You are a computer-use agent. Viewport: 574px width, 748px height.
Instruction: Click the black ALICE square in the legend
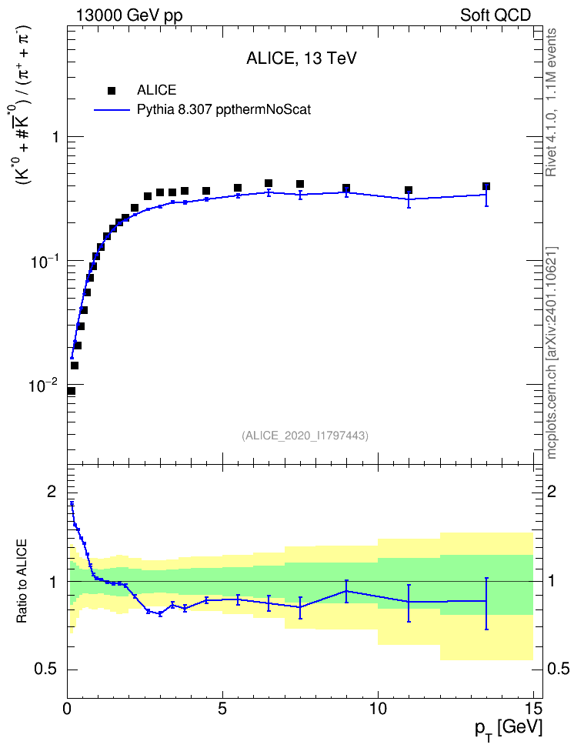tap(112, 90)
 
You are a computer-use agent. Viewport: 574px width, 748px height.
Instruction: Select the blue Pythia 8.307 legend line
tap(112, 110)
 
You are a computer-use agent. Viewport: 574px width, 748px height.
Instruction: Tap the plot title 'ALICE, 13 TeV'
tap(301, 58)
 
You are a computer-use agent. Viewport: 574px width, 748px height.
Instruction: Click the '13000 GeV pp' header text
tap(129, 15)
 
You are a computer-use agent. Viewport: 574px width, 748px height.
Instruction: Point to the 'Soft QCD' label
tap(496, 15)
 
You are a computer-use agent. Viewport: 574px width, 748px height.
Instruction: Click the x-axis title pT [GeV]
tap(508, 730)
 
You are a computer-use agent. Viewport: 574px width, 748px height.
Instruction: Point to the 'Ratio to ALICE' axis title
tap(22, 581)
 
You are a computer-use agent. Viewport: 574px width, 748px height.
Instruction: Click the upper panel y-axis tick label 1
tap(55, 138)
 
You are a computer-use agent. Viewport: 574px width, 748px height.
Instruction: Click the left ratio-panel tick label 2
tap(52, 492)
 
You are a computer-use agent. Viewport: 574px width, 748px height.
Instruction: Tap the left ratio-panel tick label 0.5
tap(45, 670)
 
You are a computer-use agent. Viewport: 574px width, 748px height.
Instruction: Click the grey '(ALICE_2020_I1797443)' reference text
tap(305, 436)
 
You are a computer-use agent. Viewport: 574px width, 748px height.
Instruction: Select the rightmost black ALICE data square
tap(486, 186)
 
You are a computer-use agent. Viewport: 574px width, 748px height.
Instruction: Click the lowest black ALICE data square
tap(71, 391)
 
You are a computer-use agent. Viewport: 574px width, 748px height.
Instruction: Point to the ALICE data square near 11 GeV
tap(409, 190)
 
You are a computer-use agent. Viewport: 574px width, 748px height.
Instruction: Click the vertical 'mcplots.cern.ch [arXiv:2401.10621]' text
tap(552, 353)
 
